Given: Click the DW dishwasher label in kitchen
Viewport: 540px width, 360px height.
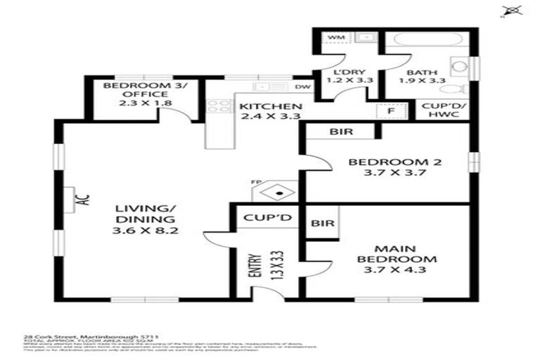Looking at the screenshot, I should [304, 87].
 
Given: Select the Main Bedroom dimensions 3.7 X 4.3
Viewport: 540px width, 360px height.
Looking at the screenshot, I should [394, 271].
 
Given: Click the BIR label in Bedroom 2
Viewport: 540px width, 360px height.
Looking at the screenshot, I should [341, 131].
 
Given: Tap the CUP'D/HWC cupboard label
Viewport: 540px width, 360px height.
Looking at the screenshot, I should [444, 111].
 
